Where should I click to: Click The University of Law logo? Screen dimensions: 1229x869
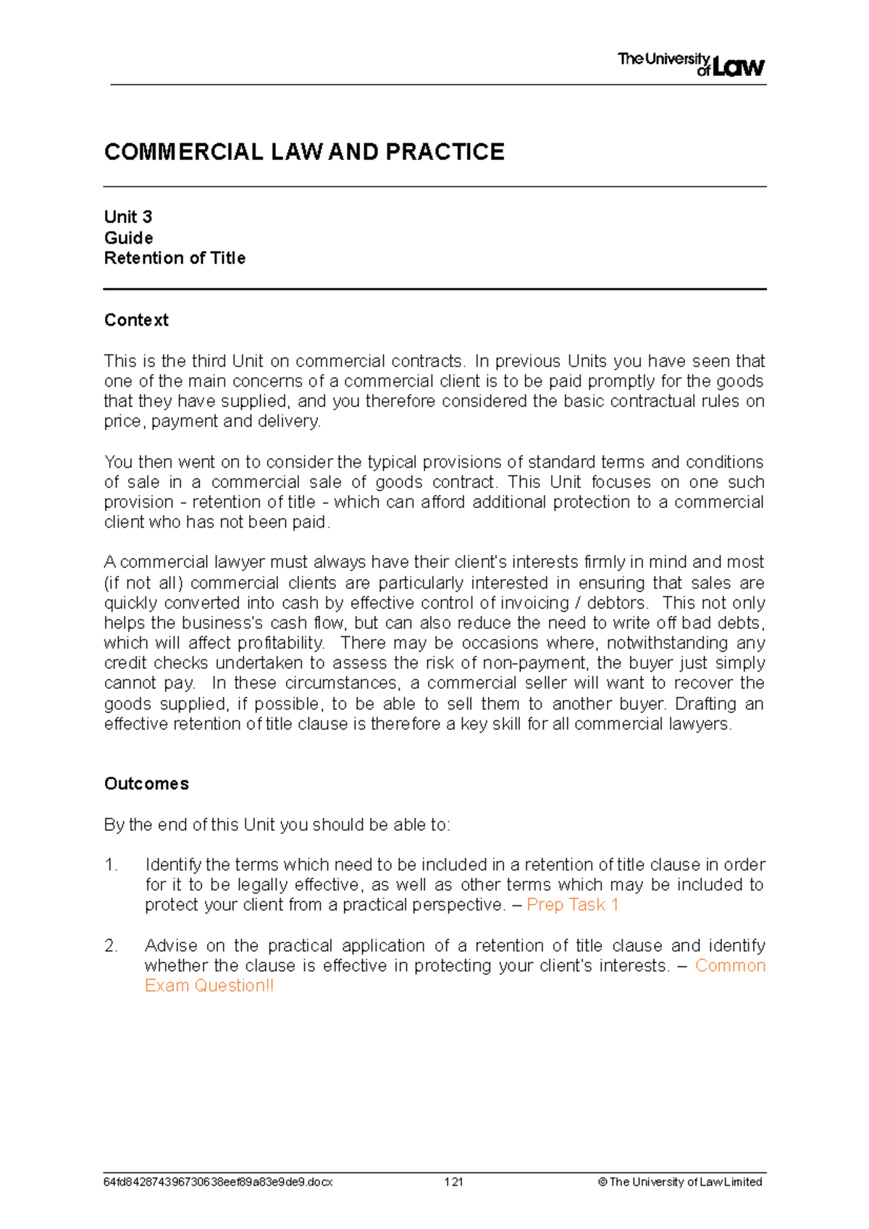tap(691, 64)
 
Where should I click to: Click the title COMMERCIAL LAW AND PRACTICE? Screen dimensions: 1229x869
tap(304, 152)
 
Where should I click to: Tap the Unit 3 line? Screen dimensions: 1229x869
tap(128, 217)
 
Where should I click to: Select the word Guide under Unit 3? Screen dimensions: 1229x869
tap(128, 238)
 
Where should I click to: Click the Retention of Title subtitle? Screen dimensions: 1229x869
tap(175, 258)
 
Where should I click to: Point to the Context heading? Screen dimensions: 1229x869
tap(136, 320)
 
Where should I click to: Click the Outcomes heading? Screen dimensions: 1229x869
tap(146, 784)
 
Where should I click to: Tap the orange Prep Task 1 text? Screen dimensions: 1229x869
tap(572, 905)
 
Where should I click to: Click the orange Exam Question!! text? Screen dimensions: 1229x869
tap(209, 986)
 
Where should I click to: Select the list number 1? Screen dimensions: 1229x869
tap(111, 865)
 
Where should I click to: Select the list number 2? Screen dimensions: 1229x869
tap(111, 946)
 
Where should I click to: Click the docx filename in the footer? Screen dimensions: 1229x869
tap(218, 1182)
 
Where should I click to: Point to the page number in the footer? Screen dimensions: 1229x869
tap(453, 1182)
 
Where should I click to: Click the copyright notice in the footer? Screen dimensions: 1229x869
tap(680, 1182)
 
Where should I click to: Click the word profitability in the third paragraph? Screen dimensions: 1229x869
tap(280, 643)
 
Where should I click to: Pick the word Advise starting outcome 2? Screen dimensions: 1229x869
tap(171, 946)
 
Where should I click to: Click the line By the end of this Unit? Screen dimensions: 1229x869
tap(277, 825)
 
